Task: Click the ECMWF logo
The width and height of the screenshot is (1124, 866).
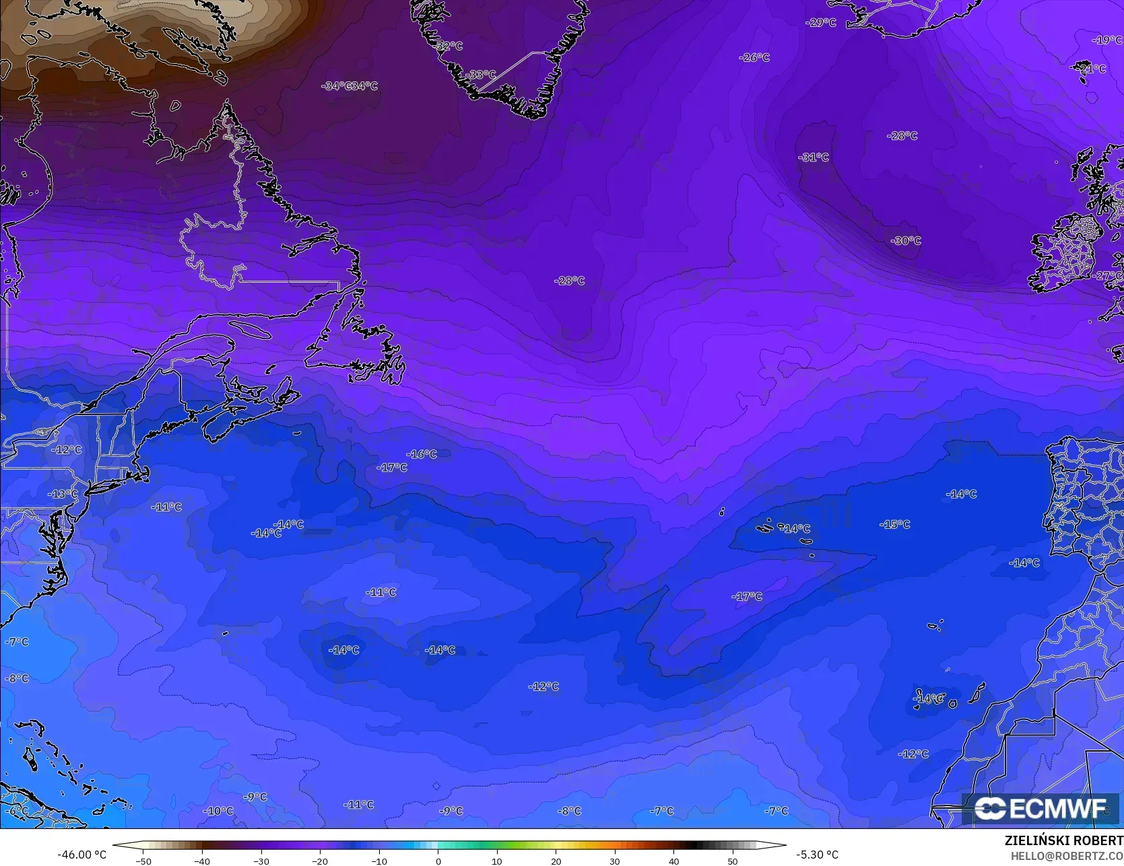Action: pyautogui.click(x=1040, y=809)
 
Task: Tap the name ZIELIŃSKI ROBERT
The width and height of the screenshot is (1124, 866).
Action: pyautogui.click(x=1063, y=841)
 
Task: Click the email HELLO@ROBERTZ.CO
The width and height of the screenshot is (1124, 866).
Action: pyautogui.click(x=1066, y=855)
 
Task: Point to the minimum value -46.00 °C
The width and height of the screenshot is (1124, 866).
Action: pyautogui.click(x=82, y=855)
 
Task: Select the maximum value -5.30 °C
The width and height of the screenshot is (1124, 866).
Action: pyautogui.click(x=817, y=855)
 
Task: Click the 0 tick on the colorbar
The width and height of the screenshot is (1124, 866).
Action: pyautogui.click(x=438, y=861)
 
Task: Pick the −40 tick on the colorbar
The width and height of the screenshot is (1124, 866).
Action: pyautogui.click(x=202, y=861)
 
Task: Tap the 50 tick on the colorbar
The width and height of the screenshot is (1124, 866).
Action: pyautogui.click(x=733, y=861)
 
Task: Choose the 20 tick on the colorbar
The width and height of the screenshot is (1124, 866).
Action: pyautogui.click(x=556, y=861)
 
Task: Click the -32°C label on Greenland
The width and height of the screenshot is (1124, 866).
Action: pyautogui.click(x=449, y=46)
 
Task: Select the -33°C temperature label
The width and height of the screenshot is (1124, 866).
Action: pyautogui.click(x=482, y=75)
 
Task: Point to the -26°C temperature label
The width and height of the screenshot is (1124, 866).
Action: pyautogui.click(x=754, y=58)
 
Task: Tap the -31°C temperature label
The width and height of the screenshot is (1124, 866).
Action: pyautogui.click(x=814, y=157)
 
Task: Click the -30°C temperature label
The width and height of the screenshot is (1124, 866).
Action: pyautogui.click(x=906, y=241)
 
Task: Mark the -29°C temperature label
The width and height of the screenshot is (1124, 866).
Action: pyautogui.click(x=821, y=23)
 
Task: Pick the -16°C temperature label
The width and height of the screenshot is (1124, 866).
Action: pyautogui.click(x=422, y=454)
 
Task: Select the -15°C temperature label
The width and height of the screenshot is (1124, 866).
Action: pyautogui.click(x=895, y=524)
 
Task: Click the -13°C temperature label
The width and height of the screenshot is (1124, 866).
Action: pyautogui.click(x=63, y=494)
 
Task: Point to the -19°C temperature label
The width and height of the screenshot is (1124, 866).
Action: pyautogui.click(x=1107, y=40)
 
